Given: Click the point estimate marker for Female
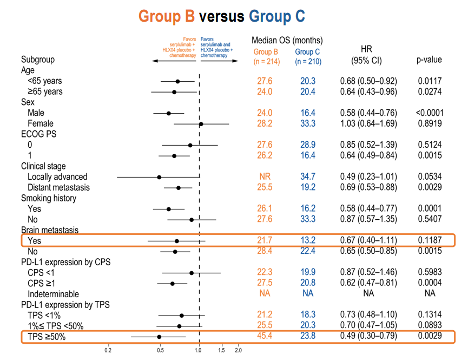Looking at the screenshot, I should tap(201, 124).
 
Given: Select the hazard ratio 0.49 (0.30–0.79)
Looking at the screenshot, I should tap(368, 336).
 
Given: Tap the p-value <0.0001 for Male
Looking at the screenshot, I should tap(430, 113).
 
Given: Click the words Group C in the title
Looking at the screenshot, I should tap(277, 16).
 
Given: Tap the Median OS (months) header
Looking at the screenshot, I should tap(287, 41).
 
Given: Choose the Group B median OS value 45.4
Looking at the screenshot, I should tap(265, 336).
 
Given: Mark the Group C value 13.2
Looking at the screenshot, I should tap(308, 240).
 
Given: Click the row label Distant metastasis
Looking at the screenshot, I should tap(58, 188).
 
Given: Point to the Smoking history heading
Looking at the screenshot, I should tap(48, 198).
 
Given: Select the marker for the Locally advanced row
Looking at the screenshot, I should tap(159, 177).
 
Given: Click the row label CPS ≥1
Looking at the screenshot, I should tap(42, 283).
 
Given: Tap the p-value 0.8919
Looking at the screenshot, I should tap(430, 124).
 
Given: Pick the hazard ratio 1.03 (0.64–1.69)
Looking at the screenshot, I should tap(368, 124).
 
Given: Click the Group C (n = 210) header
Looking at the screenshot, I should tap(308, 57).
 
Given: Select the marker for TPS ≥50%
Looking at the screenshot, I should tap(159, 337).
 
